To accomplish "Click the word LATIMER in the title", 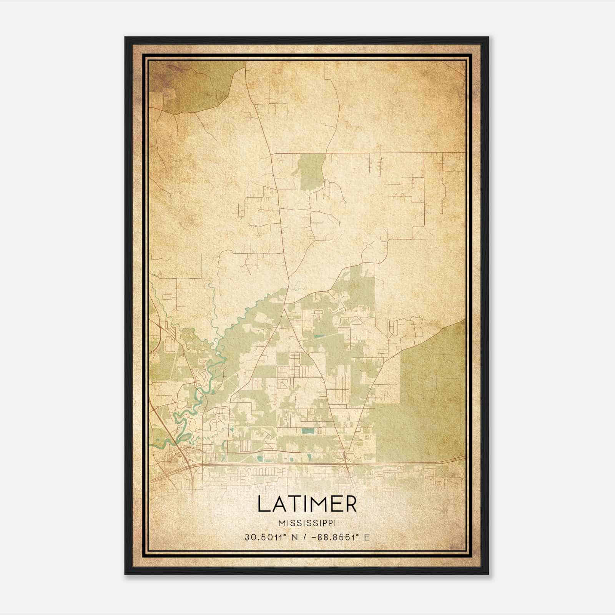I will coord(307,504).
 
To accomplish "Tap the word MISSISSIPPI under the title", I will coord(307,524).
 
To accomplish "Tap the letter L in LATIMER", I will coord(263,504).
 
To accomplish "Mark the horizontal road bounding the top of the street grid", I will coord(369,153).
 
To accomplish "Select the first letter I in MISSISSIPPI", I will coord(288,524).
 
